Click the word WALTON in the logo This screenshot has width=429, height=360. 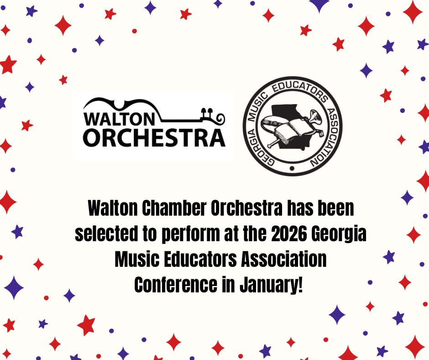119,119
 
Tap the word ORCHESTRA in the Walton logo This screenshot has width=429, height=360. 154,138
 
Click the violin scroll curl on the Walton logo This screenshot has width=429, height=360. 220,118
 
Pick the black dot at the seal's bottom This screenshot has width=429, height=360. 292,168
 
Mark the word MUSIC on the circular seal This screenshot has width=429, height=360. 257,107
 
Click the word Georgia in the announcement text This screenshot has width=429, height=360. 339,234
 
